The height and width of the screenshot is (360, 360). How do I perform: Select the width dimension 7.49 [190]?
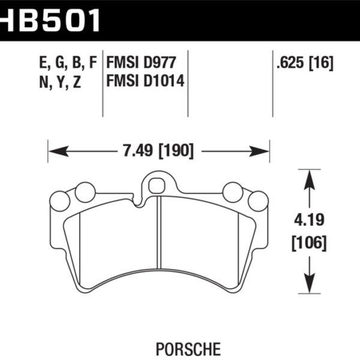click(x=159, y=152)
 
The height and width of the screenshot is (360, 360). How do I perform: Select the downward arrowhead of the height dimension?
click(x=309, y=286)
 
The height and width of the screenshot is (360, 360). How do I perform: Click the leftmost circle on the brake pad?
click(x=60, y=201)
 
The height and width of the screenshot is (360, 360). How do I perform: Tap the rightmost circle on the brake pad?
click(x=259, y=201)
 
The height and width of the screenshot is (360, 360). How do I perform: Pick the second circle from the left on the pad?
click(x=85, y=192)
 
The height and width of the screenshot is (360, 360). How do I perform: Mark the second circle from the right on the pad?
click(x=233, y=192)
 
